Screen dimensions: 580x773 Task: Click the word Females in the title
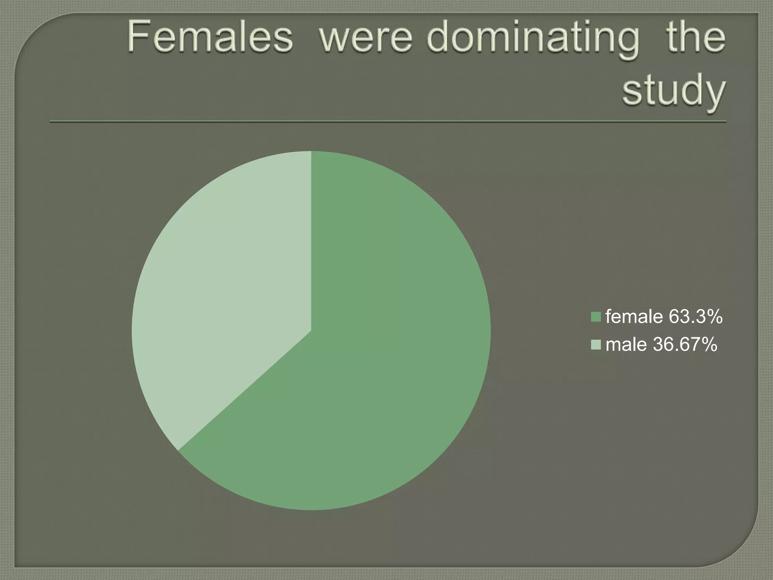[x=210, y=38]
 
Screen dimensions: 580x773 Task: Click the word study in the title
[x=674, y=91]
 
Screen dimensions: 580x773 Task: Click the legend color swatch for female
[x=596, y=316]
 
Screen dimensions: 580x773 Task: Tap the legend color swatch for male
[x=596, y=345]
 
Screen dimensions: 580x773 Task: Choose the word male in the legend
[x=626, y=345]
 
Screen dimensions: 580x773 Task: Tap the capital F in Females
[x=137, y=38]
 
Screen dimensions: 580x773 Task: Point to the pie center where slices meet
[x=311, y=331]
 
